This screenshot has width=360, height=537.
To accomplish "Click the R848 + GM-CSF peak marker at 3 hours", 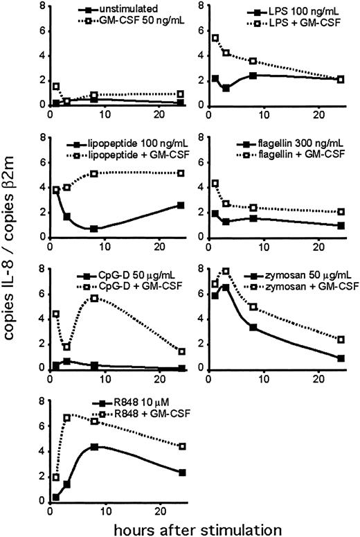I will click(x=67, y=418).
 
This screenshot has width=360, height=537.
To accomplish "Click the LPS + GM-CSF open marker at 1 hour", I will click(x=215, y=38).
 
